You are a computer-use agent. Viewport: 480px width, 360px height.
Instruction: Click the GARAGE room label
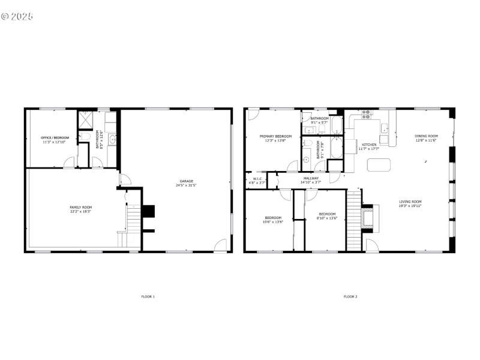[x=186, y=181]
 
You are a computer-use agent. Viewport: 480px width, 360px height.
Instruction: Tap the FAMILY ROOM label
[x=80, y=207]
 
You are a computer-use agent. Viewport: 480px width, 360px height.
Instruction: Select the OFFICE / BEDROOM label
[x=55, y=138]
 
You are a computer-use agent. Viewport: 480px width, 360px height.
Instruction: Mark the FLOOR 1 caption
[x=148, y=296]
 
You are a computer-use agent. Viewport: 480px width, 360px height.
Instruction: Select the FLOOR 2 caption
[x=350, y=296]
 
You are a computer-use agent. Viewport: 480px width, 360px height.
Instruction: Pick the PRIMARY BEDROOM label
[x=275, y=136]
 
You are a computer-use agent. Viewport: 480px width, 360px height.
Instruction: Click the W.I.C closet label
[x=257, y=178]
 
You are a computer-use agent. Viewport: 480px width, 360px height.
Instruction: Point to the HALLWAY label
[x=311, y=178]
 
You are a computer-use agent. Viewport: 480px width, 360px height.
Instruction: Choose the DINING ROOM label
[x=427, y=136]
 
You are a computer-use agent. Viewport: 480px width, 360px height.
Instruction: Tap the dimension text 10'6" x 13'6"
[x=273, y=222]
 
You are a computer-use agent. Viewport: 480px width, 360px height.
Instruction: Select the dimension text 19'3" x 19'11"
[x=410, y=206]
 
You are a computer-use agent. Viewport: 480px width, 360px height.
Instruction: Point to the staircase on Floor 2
[x=353, y=219]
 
